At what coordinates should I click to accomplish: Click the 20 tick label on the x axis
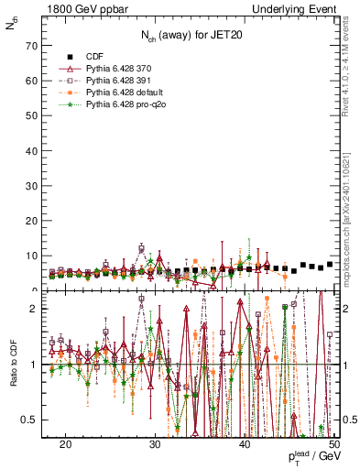click(x=65, y=443)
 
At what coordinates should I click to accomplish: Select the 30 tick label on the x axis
click(x=155, y=443)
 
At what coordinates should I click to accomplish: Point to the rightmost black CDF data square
click(x=330, y=264)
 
